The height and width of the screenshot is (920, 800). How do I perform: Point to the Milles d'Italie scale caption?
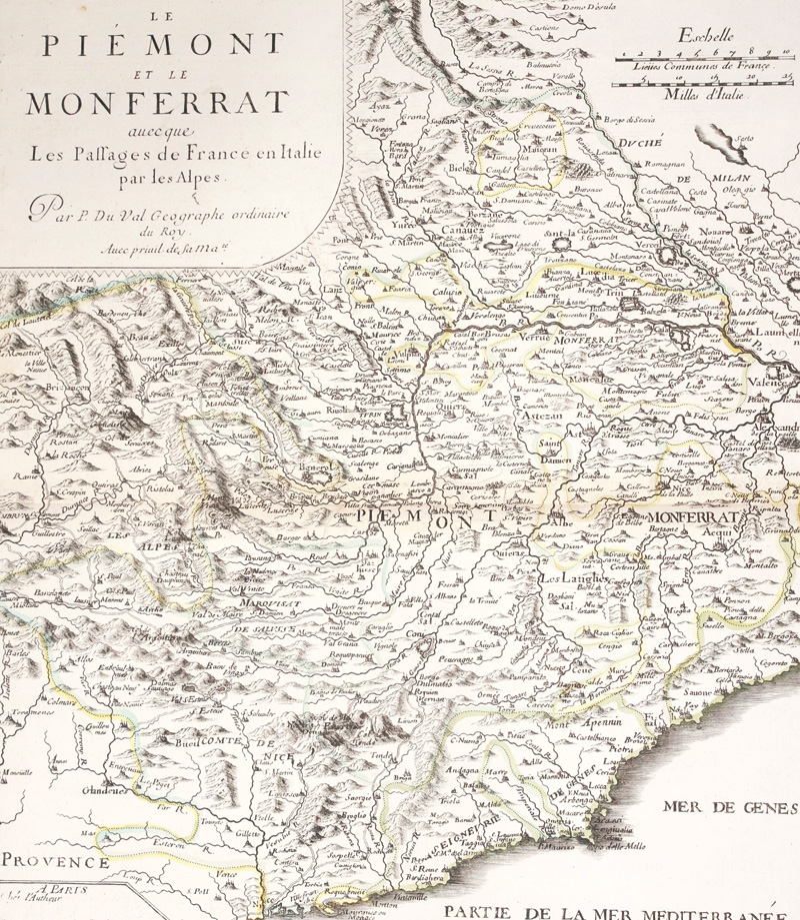point(706,96)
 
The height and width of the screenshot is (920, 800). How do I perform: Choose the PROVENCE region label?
point(54,860)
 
